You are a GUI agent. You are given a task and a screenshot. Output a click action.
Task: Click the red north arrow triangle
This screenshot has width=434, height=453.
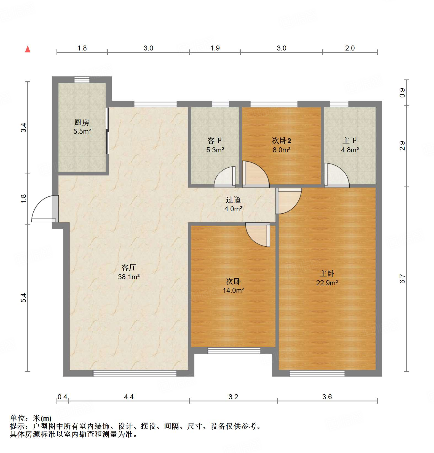tap(28, 49)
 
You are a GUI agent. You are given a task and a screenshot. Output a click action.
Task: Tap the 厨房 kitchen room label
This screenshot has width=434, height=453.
tap(82, 122)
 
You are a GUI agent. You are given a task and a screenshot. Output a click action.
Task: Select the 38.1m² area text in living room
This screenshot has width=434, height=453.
tap(129, 277)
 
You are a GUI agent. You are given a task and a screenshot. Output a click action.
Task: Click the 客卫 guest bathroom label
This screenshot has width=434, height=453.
tap(215, 141)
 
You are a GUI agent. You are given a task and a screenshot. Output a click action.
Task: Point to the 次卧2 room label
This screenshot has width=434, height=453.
tap(281, 141)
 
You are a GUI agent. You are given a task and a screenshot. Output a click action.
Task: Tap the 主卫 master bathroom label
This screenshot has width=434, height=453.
tap(350, 141)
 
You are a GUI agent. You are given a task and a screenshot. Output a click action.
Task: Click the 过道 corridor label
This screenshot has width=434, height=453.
tap(233, 200)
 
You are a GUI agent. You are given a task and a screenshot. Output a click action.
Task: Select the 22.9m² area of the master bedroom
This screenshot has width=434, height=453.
tap(327, 283)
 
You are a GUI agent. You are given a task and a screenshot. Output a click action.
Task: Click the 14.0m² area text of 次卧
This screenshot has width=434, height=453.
tap(233, 290)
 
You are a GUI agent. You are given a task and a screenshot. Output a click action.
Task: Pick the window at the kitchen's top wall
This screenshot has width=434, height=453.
tap(82, 80)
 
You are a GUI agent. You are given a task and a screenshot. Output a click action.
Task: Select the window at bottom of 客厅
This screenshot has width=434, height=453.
tap(135, 374)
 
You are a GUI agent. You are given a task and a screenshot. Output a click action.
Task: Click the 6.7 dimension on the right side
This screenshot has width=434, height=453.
tap(402, 279)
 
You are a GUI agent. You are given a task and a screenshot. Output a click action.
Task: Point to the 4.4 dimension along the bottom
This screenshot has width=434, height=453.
tap(129, 397)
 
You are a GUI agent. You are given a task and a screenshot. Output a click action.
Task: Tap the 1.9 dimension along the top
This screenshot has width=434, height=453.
tap(215, 48)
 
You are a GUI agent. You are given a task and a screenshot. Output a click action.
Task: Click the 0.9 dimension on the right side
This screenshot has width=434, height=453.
tap(402, 92)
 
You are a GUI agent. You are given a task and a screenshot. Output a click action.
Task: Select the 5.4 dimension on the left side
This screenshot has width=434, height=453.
tap(23, 298)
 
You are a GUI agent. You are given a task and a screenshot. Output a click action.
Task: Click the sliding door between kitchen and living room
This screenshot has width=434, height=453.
tap(108, 130)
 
